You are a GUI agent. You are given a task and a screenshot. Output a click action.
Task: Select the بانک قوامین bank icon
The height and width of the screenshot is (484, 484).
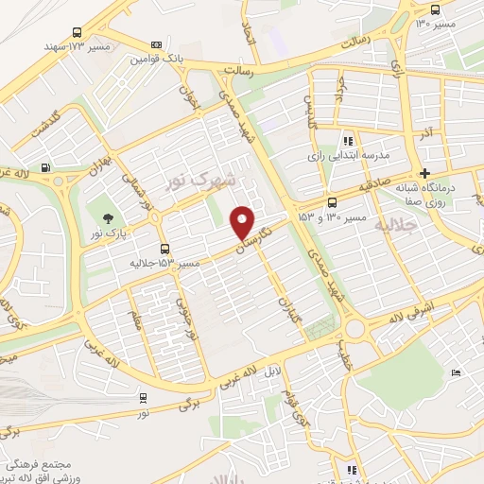156,44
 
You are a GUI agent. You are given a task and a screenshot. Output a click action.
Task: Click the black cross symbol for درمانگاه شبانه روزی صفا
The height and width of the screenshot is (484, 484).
425,174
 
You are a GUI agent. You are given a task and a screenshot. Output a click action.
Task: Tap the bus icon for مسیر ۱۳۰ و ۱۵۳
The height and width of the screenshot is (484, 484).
332,202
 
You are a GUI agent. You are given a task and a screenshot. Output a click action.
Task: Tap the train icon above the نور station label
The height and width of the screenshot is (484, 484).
142,398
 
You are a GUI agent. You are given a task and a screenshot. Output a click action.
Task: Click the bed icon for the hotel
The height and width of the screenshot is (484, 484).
457,373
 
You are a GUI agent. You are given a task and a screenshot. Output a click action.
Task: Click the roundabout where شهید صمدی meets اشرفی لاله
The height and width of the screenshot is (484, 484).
356,328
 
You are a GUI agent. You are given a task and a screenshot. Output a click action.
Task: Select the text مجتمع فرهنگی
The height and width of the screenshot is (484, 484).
35,464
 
